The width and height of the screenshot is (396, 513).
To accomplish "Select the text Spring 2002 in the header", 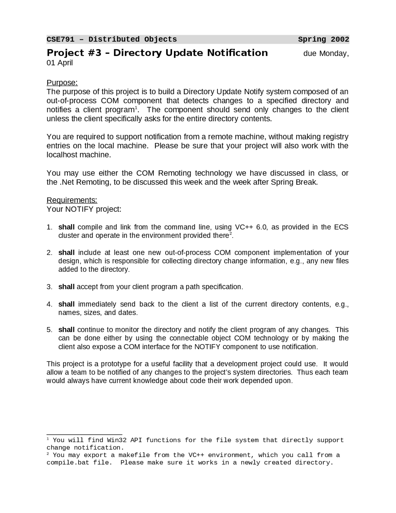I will tap(323, 39).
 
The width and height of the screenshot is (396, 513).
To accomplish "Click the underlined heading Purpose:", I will tap(62, 83).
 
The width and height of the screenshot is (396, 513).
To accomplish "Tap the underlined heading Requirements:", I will tap(72, 200).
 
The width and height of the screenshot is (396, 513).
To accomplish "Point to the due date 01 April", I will tap(60, 63).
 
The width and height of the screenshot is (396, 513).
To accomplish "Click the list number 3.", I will tap(49, 287).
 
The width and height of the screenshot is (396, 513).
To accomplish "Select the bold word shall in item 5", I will tap(66, 330).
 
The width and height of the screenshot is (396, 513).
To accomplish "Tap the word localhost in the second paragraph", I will tap(62, 155).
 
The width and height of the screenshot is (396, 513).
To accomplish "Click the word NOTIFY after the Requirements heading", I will tap(79, 209).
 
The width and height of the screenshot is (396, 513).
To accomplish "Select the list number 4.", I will tap(49, 304).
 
